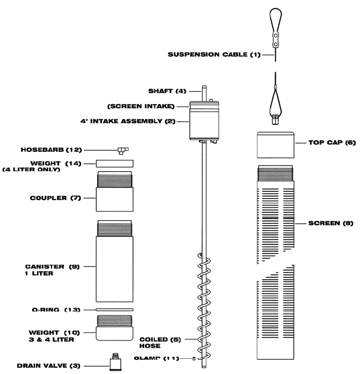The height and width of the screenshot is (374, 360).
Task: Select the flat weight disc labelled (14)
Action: click(x=115, y=163)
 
